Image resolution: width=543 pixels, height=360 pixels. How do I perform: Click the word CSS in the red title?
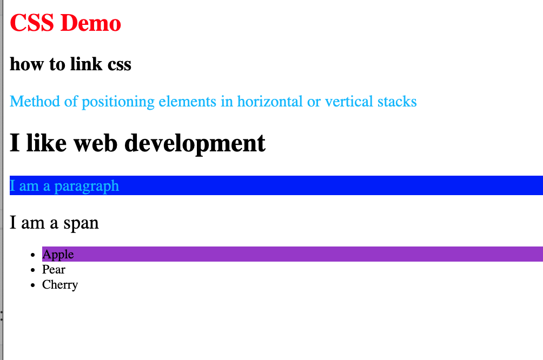(32, 23)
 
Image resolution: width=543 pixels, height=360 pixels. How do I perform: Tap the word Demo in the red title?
(91, 23)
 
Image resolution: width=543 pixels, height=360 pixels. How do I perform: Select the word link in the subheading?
(86, 64)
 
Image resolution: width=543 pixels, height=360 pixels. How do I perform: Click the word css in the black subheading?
(120, 65)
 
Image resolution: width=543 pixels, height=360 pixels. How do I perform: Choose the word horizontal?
(270, 102)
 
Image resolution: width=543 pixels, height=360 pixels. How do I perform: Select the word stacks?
(397, 102)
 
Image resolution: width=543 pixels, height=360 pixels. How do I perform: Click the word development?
(195, 144)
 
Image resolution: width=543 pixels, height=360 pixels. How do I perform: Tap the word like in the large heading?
(47, 142)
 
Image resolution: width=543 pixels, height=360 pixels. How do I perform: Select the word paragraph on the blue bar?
(87, 186)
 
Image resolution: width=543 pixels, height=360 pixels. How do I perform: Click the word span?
(81, 223)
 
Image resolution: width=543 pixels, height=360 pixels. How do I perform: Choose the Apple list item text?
(58, 255)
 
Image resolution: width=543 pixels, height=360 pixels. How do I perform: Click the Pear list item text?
(54, 269)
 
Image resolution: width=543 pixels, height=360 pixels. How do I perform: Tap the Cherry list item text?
(60, 285)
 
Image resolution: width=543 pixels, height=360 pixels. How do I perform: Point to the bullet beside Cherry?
(33, 285)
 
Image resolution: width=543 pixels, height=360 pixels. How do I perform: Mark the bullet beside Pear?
(33, 270)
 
